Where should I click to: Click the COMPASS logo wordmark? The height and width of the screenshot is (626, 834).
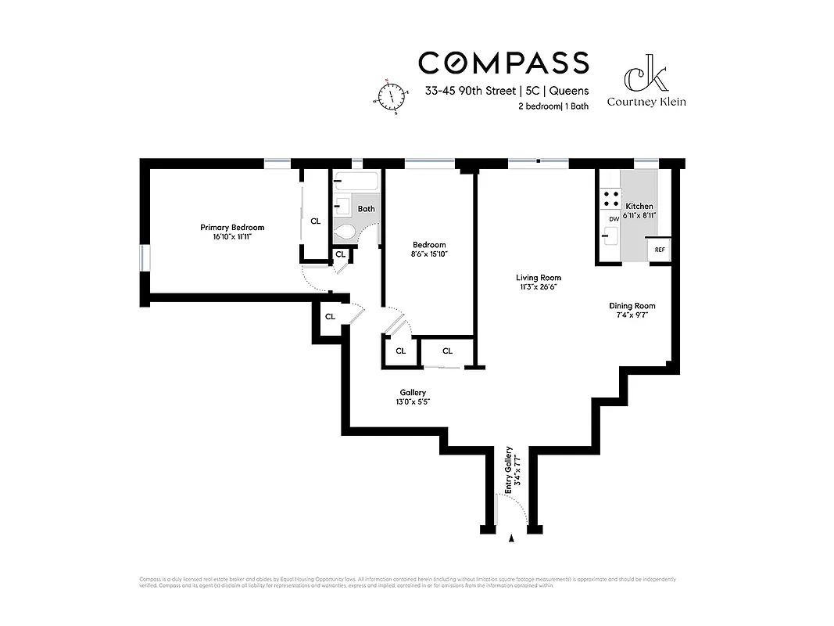503,62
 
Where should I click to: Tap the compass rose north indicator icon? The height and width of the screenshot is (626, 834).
390,96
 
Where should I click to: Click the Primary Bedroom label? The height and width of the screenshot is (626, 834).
232,228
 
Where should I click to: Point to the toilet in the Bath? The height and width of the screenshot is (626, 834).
344,232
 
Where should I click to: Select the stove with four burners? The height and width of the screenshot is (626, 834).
610,199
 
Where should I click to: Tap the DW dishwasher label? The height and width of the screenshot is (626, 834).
614,219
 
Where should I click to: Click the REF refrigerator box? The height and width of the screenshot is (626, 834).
660,250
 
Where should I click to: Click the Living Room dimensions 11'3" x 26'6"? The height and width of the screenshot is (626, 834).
538,287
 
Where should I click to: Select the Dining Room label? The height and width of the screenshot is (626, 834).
632,306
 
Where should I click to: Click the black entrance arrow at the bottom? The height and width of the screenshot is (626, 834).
512,538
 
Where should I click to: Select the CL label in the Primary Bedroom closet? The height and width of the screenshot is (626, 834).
315,221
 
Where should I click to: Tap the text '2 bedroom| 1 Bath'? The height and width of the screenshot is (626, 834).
553,106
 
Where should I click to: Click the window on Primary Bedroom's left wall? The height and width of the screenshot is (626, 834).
143,258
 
